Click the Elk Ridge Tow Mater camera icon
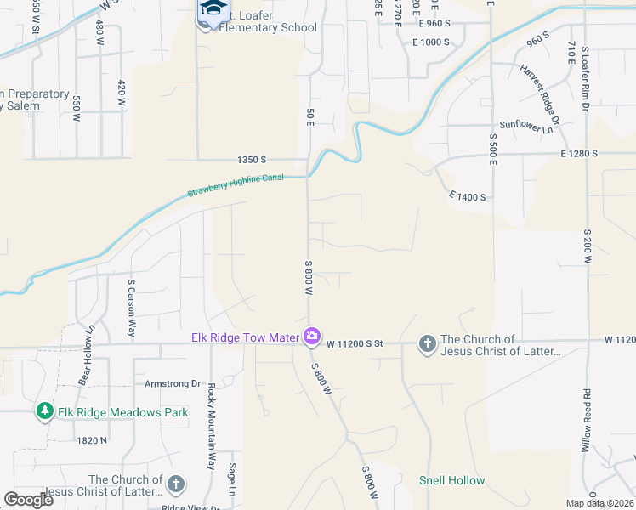[312, 337]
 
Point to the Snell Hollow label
[452, 480]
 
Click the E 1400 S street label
[467, 196]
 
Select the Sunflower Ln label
[526, 124]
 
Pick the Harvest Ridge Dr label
[540, 94]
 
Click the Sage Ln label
[231, 479]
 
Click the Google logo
[28, 500]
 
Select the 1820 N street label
[93, 440]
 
